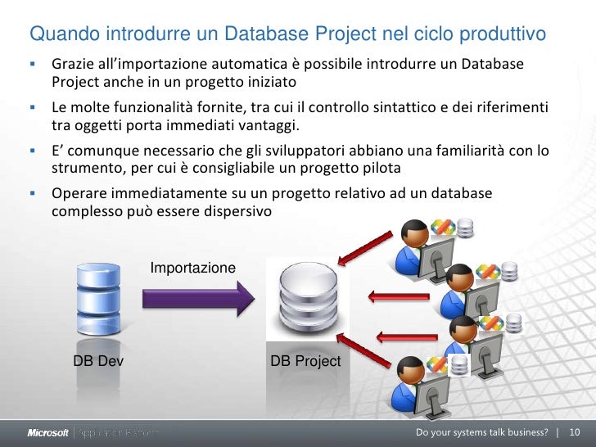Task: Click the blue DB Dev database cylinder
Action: (x=97, y=298)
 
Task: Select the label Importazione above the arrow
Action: (x=192, y=268)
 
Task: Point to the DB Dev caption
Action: (x=98, y=360)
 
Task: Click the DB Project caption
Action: (x=305, y=360)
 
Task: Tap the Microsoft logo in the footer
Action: (x=48, y=432)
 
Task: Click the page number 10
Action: (x=574, y=432)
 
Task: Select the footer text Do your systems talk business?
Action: (x=481, y=432)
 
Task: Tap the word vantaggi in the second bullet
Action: (x=272, y=124)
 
